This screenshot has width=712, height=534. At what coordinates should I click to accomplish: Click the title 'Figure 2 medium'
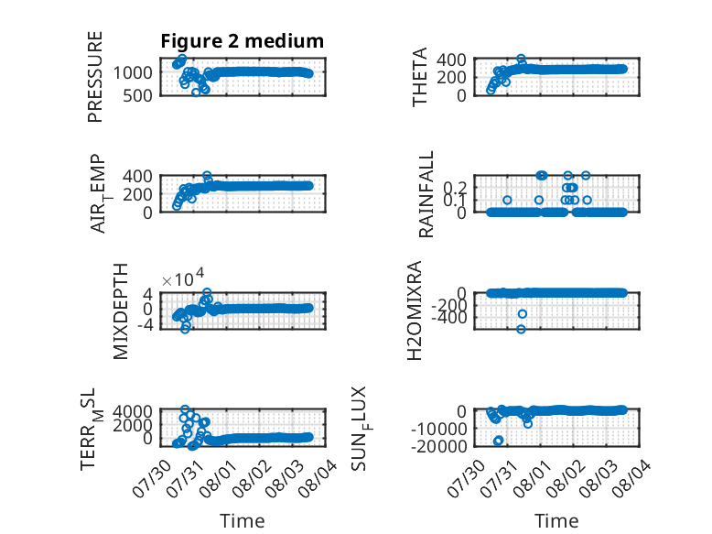click(x=242, y=41)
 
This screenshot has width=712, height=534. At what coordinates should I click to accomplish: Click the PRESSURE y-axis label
click(x=95, y=77)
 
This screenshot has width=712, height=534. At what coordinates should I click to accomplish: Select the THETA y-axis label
click(x=420, y=77)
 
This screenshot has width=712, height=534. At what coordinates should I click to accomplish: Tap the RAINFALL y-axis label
click(x=426, y=194)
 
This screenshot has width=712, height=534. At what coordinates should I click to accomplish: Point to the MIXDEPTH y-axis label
click(x=120, y=311)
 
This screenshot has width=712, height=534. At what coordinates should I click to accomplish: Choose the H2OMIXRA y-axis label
click(x=415, y=311)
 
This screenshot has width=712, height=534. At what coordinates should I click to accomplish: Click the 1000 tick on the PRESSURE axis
click(x=133, y=72)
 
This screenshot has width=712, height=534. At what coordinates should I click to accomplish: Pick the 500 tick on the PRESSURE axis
click(x=137, y=96)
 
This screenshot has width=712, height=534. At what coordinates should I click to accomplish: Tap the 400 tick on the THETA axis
click(x=451, y=60)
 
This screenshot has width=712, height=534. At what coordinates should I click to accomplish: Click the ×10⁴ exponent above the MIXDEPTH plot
click(x=183, y=278)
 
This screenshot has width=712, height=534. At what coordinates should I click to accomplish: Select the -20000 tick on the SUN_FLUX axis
click(x=438, y=446)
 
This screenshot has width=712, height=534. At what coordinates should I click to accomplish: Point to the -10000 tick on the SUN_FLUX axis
click(x=438, y=429)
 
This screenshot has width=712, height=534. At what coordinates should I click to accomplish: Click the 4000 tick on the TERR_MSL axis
click(x=132, y=412)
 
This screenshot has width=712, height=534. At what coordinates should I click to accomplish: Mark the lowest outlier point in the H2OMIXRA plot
click(x=522, y=329)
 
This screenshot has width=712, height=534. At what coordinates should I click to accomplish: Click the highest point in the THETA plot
click(x=522, y=59)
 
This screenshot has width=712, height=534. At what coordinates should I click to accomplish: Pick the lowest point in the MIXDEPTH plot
click(x=185, y=329)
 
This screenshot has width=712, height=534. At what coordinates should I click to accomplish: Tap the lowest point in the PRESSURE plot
click(x=196, y=93)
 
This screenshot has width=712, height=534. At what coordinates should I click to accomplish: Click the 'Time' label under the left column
click(x=242, y=520)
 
